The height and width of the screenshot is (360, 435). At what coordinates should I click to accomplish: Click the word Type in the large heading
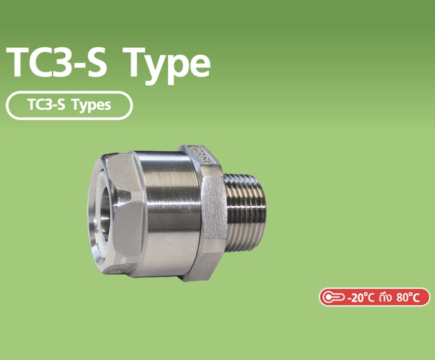click(167, 63)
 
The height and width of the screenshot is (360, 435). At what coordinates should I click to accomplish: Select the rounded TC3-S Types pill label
click(69, 105)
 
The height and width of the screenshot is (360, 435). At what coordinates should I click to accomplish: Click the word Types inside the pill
click(91, 105)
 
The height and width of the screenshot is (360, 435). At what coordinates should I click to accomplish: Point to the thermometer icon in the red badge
click(333, 297)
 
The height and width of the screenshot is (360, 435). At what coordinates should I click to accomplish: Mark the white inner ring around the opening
click(96, 215)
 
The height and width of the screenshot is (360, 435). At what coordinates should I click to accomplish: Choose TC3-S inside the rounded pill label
click(48, 105)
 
